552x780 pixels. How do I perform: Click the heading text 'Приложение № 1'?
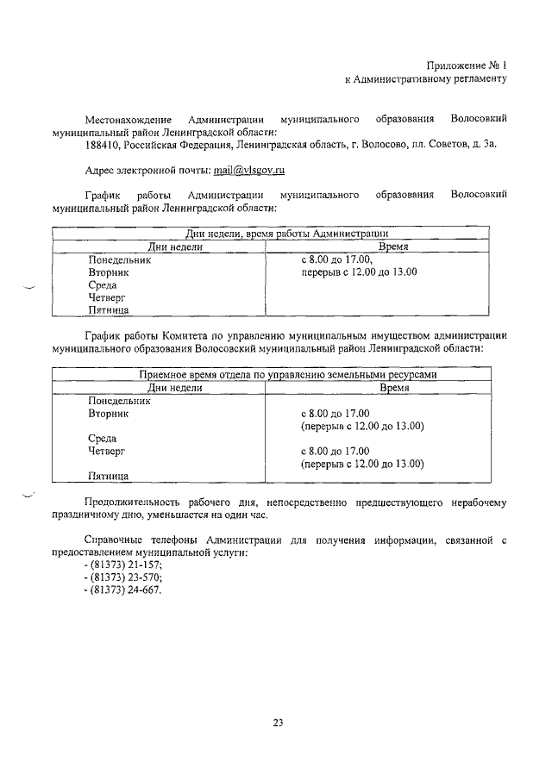click(465, 65)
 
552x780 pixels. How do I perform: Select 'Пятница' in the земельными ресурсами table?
click(109, 475)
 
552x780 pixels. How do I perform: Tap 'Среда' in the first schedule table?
click(103, 284)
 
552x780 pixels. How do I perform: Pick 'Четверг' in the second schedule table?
click(107, 450)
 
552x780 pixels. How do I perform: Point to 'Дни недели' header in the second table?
click(175, 388)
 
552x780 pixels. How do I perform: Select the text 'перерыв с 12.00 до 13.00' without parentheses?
click(359, 271)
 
